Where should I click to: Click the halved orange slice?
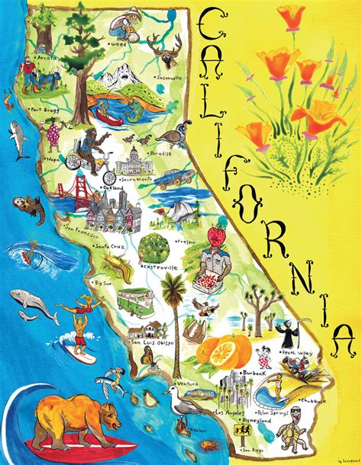coord(209,353)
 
